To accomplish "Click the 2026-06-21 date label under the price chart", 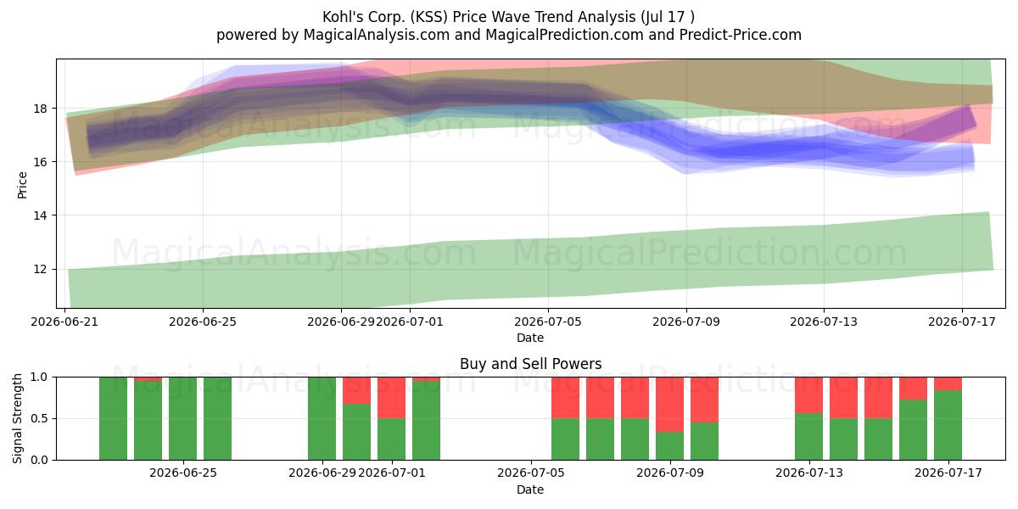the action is click(x=64, y=322).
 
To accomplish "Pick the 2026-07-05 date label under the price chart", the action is click(x=548, y=322).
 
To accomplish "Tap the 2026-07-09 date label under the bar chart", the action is click(x=670, y=473).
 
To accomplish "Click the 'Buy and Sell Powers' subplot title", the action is click(x=530, y=364).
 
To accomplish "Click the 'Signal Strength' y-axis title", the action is click(x=17, y=418).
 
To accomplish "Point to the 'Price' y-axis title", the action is click(x=22, y=185).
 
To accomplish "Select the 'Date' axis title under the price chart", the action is click(x=530, y=338).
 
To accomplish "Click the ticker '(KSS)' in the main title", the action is click(x=429, y=17).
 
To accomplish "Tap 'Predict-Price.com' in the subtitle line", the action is click(x=741, y=35).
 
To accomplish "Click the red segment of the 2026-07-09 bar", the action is click(x=670, y=405).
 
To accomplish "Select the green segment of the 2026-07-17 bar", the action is click(x=948, y=425).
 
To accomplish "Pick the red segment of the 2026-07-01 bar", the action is click(x=391, y=398).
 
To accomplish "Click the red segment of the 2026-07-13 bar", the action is click(x=809, y=395).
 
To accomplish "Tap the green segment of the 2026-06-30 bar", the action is click(x=357, y=432).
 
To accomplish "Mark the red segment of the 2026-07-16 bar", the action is click(x=914, y=389).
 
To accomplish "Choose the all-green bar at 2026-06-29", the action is click(x=322, y=418).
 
